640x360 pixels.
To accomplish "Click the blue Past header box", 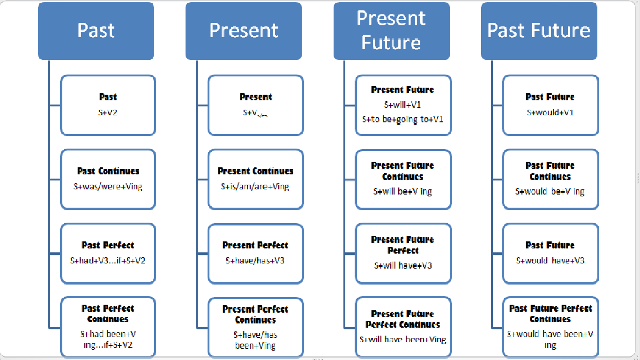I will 96,30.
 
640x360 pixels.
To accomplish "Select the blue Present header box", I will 244,30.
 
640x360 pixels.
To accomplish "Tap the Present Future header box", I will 391,30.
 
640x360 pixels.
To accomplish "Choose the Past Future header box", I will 539,30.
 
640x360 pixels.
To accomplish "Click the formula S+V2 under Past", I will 108,112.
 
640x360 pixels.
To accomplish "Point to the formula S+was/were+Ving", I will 108,187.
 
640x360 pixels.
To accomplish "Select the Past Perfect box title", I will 108,245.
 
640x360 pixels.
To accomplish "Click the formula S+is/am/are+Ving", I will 255,187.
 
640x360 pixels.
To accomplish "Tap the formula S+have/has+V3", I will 255,261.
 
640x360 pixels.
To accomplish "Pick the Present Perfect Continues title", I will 255,315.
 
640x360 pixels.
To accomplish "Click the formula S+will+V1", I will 403,105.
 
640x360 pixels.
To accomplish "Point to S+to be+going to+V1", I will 403,119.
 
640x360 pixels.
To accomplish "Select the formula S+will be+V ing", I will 403,191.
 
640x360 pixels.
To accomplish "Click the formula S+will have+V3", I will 403,265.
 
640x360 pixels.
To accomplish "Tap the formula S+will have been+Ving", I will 403,339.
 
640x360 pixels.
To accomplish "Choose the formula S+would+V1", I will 551,112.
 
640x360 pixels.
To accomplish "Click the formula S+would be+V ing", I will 551,191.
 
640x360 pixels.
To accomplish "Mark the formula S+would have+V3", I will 551,261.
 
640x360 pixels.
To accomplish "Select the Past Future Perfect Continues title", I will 551,314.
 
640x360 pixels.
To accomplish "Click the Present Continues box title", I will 255,171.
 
